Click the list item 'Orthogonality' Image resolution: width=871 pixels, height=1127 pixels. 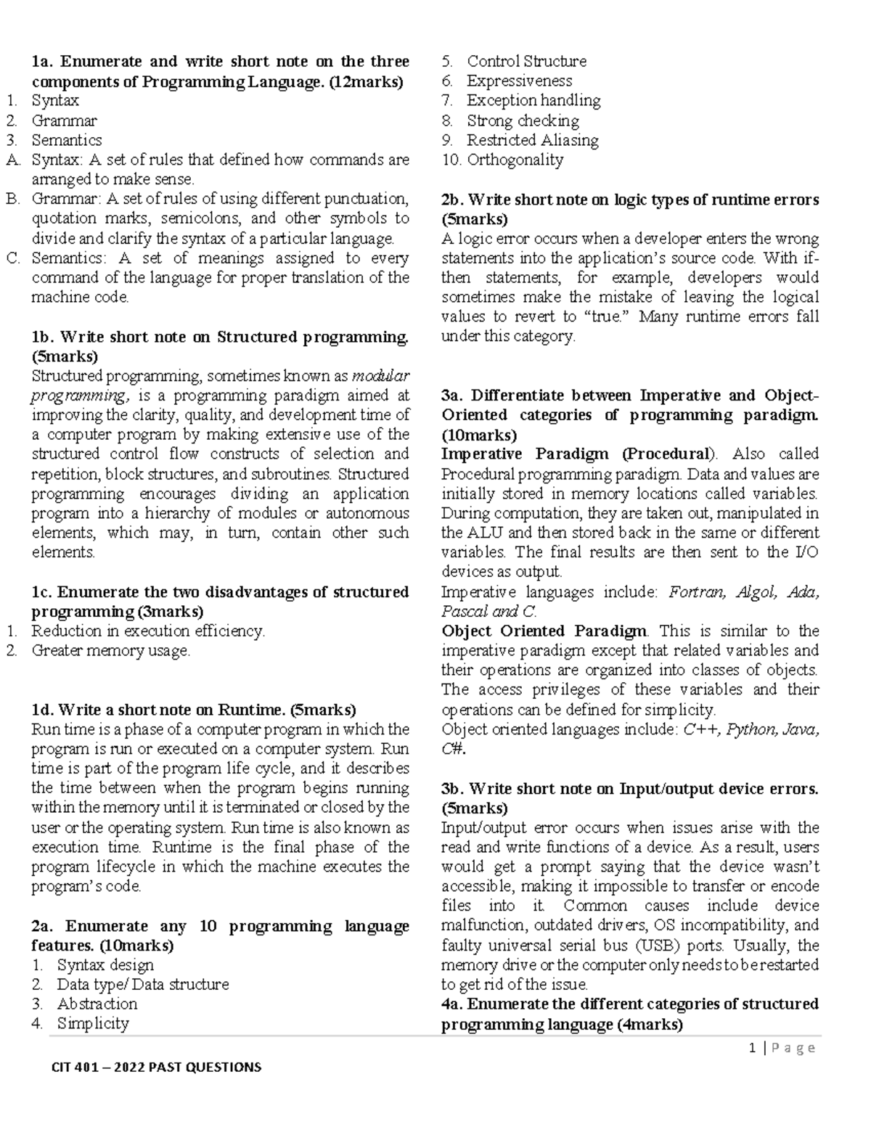coord(515,160)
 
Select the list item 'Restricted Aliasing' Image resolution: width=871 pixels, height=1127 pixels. coord(532,140)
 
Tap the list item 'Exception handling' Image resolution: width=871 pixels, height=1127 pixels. coord(533,100)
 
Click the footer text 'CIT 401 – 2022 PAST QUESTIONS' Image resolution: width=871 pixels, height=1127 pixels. coord(156,1067)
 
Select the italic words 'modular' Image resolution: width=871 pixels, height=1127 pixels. coord(380,376)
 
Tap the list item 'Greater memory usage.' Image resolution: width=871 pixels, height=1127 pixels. coord(110,650)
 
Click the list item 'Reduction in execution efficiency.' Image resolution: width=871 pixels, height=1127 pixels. coord(148,631)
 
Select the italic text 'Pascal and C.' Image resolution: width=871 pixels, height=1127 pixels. coord(488,611)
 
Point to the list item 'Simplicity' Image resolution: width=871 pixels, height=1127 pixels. coord(93,1023)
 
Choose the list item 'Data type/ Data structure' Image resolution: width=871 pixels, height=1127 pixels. coord(142,984)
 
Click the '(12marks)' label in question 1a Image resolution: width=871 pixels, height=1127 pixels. coord(366,81)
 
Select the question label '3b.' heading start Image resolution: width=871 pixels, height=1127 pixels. coord(453,789)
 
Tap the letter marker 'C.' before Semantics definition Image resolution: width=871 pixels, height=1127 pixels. coord(12,258)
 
